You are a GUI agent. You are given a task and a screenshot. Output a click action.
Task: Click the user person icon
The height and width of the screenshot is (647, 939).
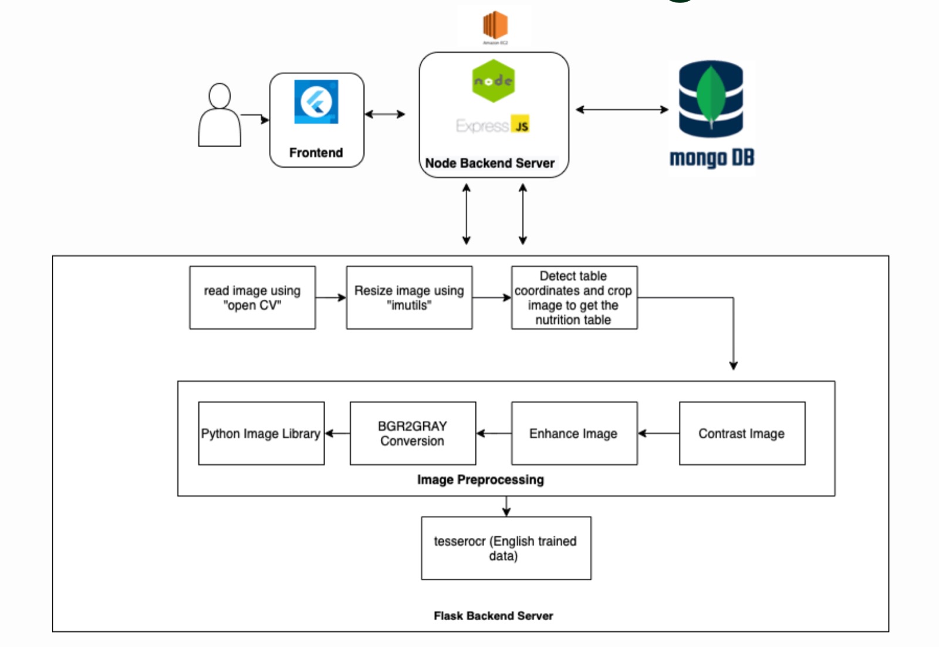click(x=219, y=116)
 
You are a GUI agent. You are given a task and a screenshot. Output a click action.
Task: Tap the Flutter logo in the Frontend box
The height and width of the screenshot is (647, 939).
click(x=316, y=101)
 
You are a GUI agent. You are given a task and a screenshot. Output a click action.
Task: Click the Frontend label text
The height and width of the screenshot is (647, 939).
click(x=316, y=153)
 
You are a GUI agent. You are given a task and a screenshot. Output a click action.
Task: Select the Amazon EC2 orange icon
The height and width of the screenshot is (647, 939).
click(x=495, y=25)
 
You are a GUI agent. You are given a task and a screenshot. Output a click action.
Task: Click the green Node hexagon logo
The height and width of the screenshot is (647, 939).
click(x=493, y=81)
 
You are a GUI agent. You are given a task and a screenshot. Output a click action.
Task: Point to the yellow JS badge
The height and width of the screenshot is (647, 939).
click(x=521, y=124)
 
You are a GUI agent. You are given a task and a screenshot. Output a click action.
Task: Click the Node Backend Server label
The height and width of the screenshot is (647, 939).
click(x=489, y=163)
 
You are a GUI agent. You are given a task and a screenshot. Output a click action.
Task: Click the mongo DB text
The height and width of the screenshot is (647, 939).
click(x=711, y=158)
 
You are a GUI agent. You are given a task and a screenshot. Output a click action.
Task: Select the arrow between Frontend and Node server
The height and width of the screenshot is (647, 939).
click(x=385, y=114)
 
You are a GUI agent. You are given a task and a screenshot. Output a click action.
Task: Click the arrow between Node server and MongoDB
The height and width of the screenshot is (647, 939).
click(x=622, y=109)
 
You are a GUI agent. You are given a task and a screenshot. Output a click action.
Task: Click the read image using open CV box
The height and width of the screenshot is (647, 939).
click(x=252, y=297)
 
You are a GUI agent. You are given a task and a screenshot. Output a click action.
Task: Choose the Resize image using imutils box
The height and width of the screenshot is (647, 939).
click(x=409, y=297)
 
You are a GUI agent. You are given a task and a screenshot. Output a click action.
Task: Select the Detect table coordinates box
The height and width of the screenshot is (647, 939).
click(x=573, y=297)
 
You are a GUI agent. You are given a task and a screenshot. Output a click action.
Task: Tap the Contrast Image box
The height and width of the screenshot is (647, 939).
click(x=742, y=433)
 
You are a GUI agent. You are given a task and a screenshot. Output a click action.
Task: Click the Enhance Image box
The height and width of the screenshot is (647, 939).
click(x=574, y=433)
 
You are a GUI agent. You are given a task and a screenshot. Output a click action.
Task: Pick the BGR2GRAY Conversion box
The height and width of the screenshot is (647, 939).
click(x=413, y=433)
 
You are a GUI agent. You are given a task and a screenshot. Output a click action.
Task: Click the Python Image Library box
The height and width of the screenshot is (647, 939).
click(x=261, y=433)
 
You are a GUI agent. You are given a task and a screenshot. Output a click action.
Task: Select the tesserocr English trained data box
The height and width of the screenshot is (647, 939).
click(x=506, y=548)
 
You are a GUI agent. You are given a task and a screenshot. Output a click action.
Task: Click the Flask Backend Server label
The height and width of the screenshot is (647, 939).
click(x=493, y=615)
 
